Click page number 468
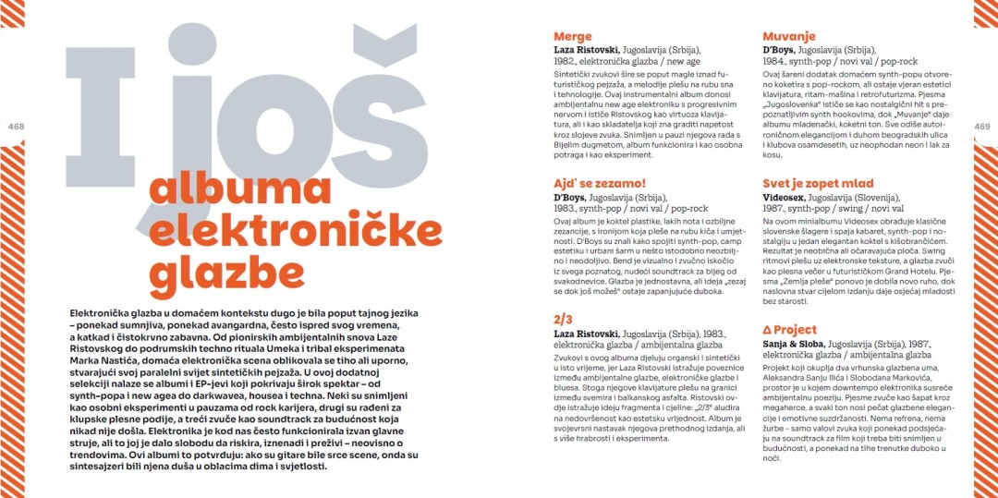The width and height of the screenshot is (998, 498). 15,127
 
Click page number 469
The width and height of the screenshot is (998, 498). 982,127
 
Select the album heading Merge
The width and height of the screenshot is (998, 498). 572,36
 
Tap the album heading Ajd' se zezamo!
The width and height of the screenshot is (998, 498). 599,183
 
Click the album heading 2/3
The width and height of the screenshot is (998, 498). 563,319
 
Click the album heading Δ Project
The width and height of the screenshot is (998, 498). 789,329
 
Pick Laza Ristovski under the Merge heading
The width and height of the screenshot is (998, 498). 586,50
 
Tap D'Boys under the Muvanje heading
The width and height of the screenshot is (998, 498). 778,50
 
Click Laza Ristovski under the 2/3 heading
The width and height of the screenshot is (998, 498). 586,334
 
